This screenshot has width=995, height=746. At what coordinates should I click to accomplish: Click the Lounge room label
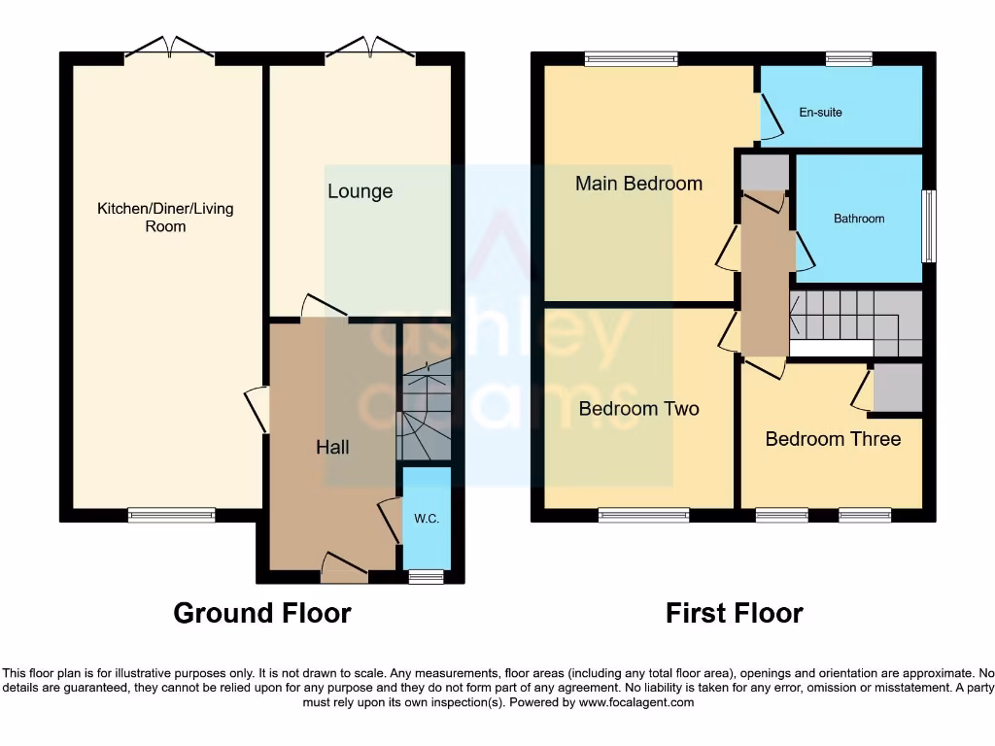360,191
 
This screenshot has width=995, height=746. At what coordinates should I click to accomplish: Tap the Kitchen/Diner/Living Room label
165,218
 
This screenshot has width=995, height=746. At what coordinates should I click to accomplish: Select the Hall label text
332,447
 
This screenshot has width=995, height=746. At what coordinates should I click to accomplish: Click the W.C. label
427,519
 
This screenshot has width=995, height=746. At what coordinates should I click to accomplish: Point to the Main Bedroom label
638,184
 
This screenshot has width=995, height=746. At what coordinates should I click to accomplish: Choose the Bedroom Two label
638,409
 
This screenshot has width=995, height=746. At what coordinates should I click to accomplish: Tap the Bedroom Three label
833,439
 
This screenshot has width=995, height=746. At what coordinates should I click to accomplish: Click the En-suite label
820,113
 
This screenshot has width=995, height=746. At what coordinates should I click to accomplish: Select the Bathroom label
859,219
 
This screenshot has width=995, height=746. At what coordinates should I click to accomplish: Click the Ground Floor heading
262,613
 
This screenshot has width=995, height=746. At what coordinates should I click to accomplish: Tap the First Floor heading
734,613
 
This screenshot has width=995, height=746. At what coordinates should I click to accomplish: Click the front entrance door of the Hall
344,567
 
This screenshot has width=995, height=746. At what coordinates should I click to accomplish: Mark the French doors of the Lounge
370,49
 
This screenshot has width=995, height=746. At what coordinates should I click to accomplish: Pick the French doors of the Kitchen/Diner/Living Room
169,49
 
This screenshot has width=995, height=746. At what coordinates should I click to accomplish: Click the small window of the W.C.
426,577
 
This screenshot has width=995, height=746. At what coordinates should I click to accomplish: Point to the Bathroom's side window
929,226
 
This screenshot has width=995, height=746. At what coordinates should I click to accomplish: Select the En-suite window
848,59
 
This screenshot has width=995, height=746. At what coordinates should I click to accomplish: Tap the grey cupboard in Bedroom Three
897,388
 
